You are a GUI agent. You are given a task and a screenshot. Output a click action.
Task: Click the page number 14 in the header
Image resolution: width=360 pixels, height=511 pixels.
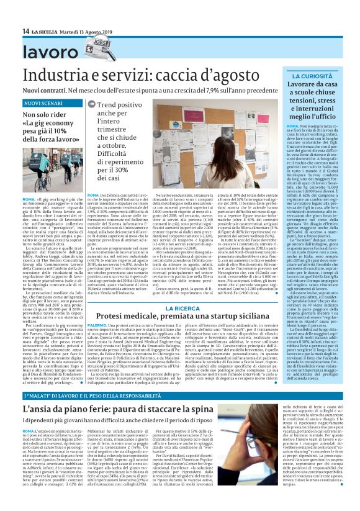(x=25, y=31)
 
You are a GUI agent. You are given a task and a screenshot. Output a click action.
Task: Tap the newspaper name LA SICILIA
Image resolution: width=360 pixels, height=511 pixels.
(x=45, y=31)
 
